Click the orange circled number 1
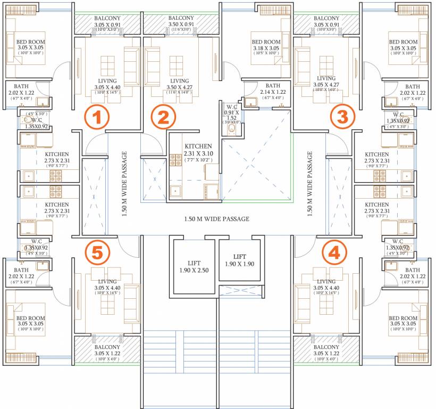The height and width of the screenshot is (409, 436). [x=97, y=118]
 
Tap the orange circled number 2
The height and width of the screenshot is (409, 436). [x=163, y=118]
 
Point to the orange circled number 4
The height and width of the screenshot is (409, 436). [x=334, y=253]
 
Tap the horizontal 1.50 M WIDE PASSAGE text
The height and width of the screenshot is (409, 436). [x=216, y=219]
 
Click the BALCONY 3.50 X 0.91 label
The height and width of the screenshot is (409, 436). [x=181, y=21]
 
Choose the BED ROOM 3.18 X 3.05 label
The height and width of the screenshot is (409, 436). [x=266, y=46]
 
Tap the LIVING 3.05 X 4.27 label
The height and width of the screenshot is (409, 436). [x=326, y=84]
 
